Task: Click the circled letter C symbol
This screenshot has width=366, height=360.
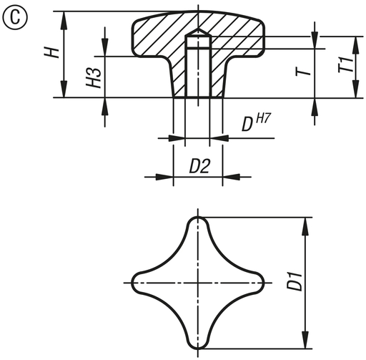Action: [x=15, y=17]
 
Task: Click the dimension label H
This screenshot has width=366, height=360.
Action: [x=51, y=52]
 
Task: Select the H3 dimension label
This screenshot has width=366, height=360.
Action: [x=94, y=77]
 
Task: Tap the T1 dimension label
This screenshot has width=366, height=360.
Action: [x=345, y=64]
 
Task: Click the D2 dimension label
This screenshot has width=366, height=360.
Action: [x=199, y=166]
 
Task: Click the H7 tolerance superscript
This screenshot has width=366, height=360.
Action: [x=264, y=119]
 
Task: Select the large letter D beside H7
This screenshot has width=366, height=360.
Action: [x=247, y=125]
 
